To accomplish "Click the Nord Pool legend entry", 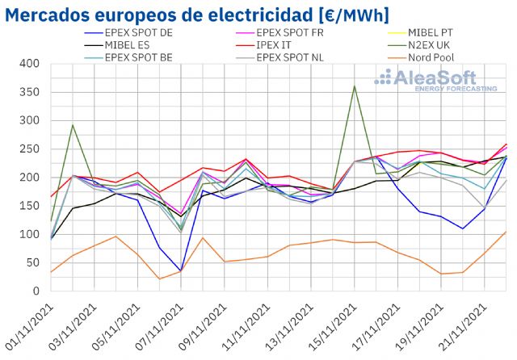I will coord(437,58).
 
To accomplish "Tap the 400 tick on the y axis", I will coord(29,64).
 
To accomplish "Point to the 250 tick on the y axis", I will coord(29,149).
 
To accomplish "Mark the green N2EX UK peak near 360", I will coord(354,86).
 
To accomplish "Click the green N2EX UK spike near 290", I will coord(73,125).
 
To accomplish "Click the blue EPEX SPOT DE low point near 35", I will coord(181,270).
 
